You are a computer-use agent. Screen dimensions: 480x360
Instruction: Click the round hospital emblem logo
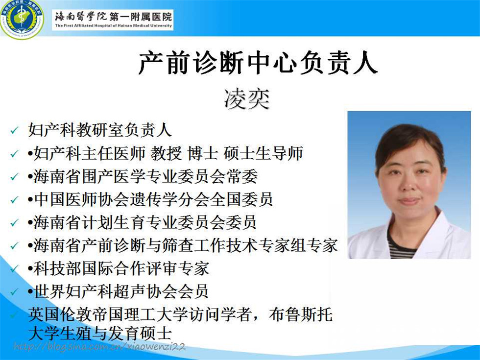pyautogui.click(x=22, y=19)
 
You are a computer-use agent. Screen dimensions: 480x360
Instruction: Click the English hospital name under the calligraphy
pyautogui.click(x=113, y=25)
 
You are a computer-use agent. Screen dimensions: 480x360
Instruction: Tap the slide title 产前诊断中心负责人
pyautogui.click(x=258, y=63)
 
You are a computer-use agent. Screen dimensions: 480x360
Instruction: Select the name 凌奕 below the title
pyautogui.click(x=247, y=98)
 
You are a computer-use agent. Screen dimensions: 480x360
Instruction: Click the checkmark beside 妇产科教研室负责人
pyautogui.click(x=14, y=131)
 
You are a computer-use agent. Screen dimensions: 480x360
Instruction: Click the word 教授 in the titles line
pyautogui.click(x=166, y=153)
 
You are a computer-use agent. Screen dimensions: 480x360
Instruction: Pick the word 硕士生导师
pyautogui.click(x=264, y=153)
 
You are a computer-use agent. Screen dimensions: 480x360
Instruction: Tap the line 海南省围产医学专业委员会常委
pyautogui.click(x=143, y=176)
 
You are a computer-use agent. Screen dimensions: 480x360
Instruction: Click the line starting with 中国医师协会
pyautogui.click(x=150, y=199)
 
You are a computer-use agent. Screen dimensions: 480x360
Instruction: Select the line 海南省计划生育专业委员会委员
pyautogui.click(x=142, y=222)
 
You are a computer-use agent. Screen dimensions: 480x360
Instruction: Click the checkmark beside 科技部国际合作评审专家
pyautogui.click(x=14, y=269)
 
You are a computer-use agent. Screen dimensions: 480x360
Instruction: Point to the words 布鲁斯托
pyautogui.click(x=301, y=314)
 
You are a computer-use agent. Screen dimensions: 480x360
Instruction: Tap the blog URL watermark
pyautogui.click(x=99, y=347)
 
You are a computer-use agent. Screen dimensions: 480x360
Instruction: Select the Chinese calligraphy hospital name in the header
pyautogui.click(x=113, y=16)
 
